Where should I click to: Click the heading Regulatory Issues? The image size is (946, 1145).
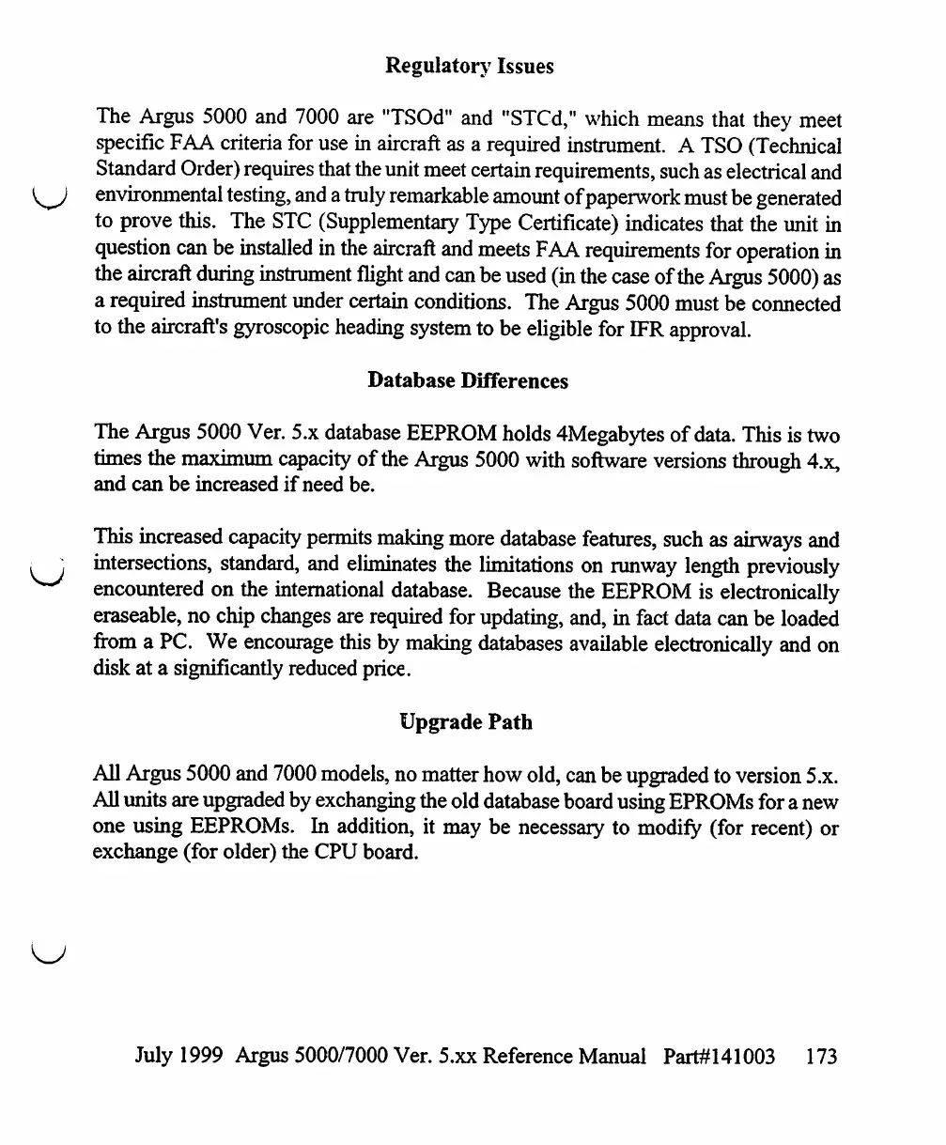pyautogui.click(x=470, y=66)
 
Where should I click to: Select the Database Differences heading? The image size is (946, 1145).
pyautogui.click(x=468, y=380)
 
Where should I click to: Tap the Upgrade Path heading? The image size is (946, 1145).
pyautogui.click(x=466, y=722)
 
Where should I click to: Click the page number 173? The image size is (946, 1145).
pyautogui.click(x=821, y=1056)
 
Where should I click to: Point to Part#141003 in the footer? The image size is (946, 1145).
pyautogui.click(x=720, y=1056)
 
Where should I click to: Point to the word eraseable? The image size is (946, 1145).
pyautogui.click(x=138, y=619)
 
